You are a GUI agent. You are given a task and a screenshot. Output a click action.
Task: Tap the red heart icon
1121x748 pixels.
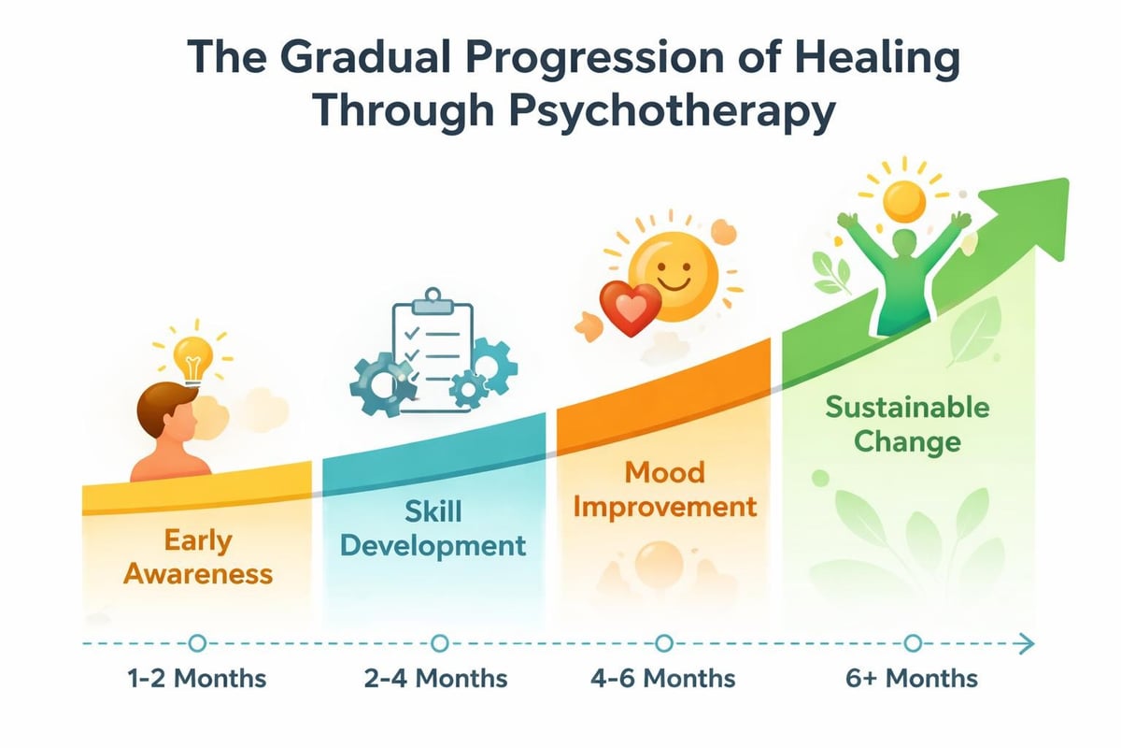click(629, 307)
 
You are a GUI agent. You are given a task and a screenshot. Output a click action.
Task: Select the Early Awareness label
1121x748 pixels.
click(198, 556)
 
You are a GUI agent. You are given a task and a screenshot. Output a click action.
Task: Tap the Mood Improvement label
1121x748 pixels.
click(664, 490)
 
